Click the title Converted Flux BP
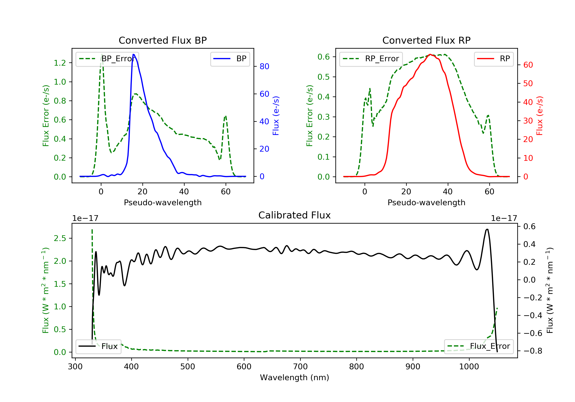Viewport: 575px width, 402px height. [x=163, y=40]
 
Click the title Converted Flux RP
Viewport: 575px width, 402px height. [x=426, y=40]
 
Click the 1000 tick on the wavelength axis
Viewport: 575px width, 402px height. [x=469, y=367]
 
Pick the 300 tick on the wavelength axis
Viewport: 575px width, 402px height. [x=75, y=367]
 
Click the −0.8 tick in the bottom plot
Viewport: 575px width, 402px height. [x=533, y=351]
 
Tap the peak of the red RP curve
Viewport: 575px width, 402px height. [x=430, y=54]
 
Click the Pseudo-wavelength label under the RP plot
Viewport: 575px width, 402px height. [x=426, y=202]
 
